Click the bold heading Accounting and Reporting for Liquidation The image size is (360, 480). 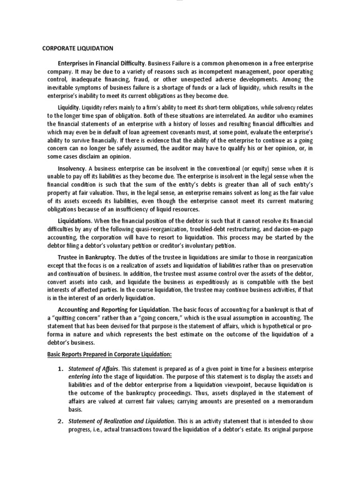(x=114, y=310)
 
